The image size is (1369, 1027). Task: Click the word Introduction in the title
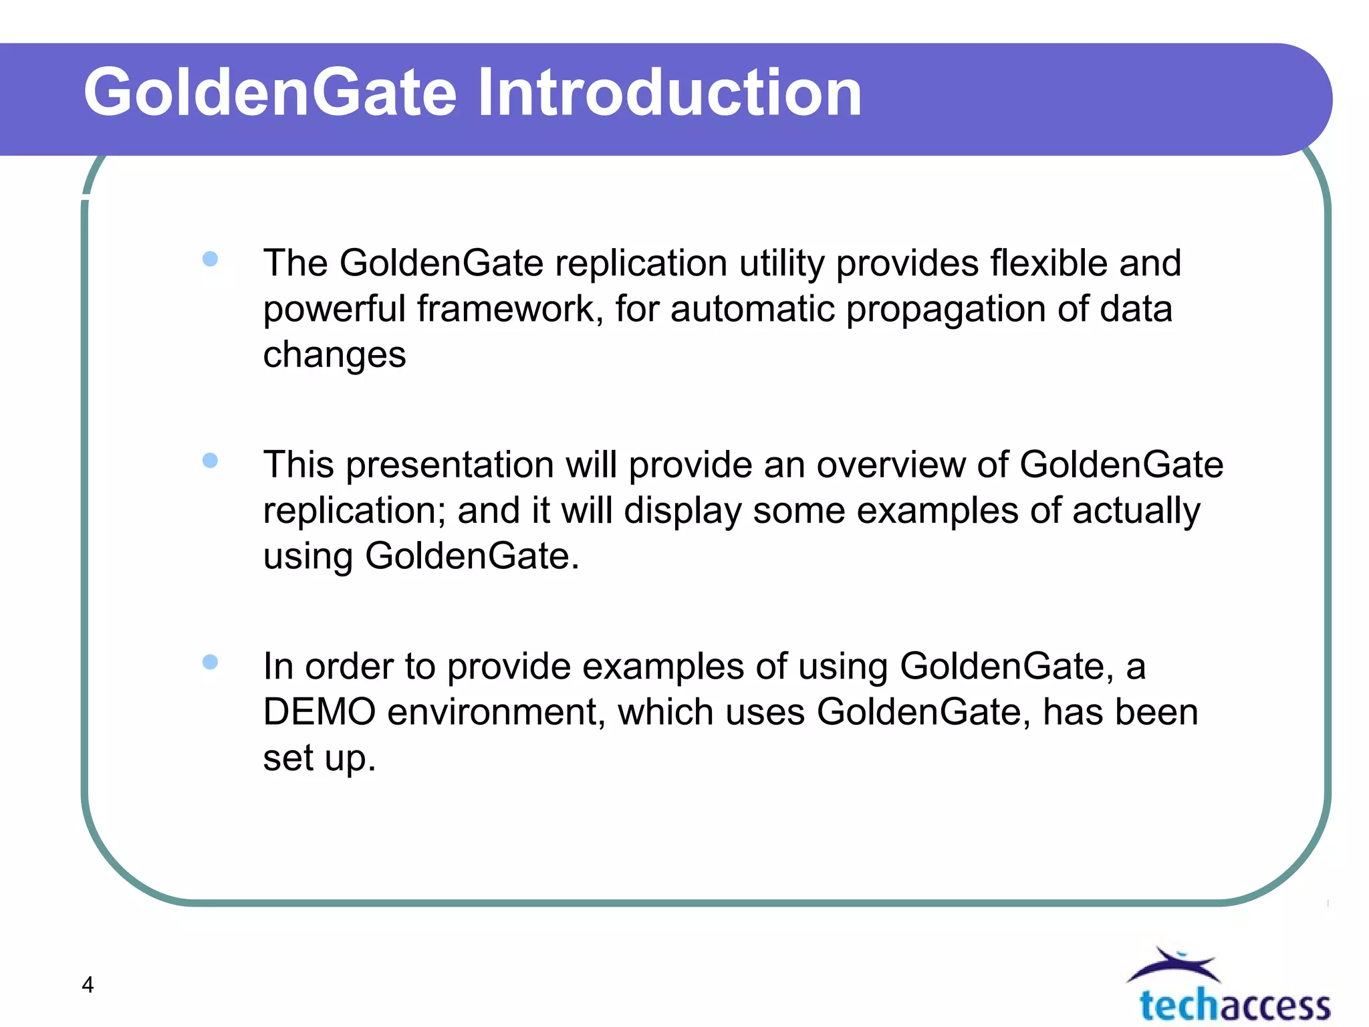(x=669, y=94)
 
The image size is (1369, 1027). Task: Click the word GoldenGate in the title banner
(x=270, y=94)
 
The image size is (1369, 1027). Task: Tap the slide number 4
(x=88, y=985)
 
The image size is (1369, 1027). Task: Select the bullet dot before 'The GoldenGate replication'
(x=210, y=259)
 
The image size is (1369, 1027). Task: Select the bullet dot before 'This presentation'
(x=210, y=461)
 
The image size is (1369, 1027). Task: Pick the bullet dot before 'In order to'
(x=210, y=662)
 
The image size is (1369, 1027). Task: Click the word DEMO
(x=320, y=712)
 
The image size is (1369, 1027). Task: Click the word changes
(x=334, y=355)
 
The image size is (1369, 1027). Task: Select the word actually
(x=1136, y=511)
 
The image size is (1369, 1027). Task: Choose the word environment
(x=496, y=712)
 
